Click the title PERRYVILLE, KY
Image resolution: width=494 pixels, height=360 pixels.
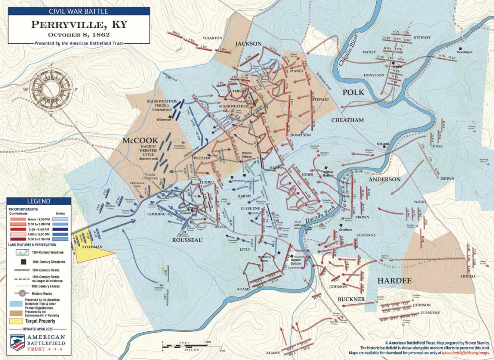click(79, 24)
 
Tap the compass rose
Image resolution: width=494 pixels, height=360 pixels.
click(51, 90)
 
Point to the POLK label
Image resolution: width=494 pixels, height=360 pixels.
click(353, 92)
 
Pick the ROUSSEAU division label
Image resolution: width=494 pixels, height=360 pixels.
click(187, 240)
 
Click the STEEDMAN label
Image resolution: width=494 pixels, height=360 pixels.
click(92, 246)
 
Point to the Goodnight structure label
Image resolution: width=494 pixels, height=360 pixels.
click(464, 52)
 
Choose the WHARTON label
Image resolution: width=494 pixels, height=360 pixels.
click(213, 38)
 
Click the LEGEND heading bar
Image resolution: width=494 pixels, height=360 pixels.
click(39, 201)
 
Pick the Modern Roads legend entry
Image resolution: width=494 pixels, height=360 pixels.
click(42, 293)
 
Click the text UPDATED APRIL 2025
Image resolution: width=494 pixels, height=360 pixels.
click(39, 329)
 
